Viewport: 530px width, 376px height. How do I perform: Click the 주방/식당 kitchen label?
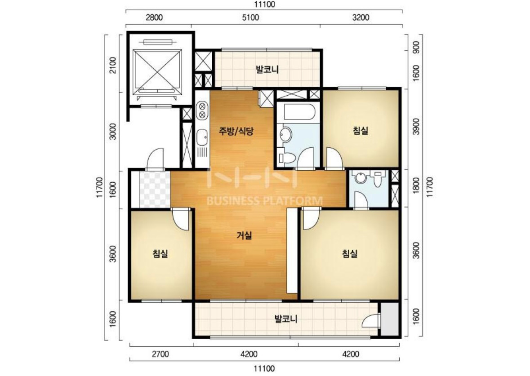coord(236,131)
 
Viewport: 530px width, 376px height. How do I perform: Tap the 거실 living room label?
coord(244,235)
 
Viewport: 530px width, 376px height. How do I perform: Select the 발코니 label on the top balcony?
coord(267,70)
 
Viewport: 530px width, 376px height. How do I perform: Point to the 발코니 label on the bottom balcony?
coord(285,319)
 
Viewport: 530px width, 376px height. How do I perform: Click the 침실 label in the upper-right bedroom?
coord(361,130)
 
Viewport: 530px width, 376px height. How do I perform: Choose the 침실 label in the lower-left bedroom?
coord(160,253)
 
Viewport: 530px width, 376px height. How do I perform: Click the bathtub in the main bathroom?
coord(300,112)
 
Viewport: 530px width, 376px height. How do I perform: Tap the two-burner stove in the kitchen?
coord(202,110)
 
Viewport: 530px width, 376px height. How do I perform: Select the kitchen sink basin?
coord(202,137)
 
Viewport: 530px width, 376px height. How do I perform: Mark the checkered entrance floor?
coord(155,190)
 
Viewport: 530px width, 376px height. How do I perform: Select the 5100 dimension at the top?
coord(250,17)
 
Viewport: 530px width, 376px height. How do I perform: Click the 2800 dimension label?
coord(154,17)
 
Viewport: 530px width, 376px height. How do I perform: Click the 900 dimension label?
coord(416,47)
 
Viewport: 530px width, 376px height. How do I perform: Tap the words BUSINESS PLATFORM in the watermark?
coord(264,201)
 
